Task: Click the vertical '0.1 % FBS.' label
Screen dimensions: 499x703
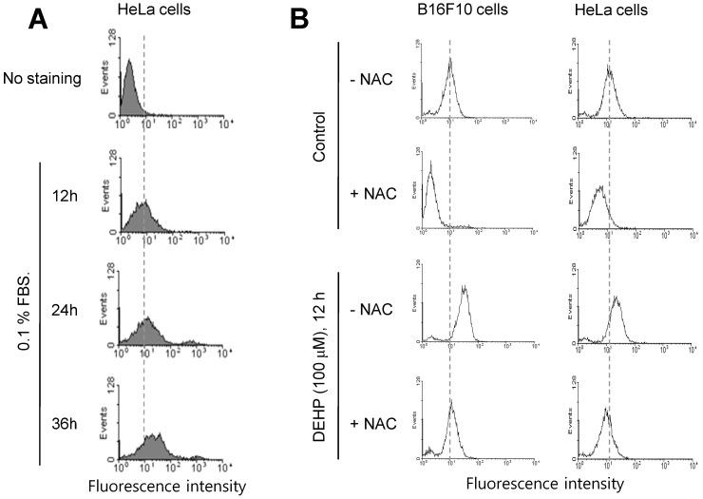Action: [x=19, y=314]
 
